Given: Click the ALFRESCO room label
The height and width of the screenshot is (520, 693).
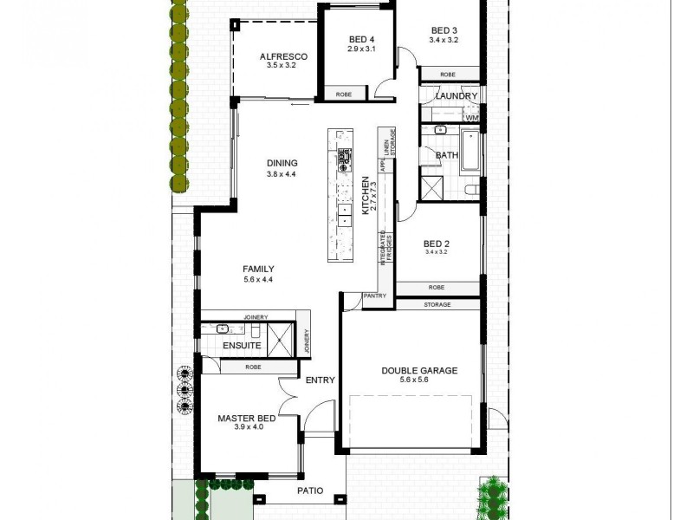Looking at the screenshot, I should pos(282,56).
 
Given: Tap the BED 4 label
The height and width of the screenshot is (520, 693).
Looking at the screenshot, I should pos(361,39).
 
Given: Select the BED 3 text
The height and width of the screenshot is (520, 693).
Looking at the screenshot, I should pos(444,30).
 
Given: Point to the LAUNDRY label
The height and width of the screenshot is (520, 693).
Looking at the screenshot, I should pos(457,96).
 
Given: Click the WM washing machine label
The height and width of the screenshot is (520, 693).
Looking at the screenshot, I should pos(472,117).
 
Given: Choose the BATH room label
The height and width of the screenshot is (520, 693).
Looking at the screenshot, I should pos(447,156).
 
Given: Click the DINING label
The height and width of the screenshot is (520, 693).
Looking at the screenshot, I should pos(282,163).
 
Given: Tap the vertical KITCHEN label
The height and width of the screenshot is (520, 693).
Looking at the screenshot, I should pos(365,195).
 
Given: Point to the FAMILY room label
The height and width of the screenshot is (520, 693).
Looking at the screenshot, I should pos(258,269).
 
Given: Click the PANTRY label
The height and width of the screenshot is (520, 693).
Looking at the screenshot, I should pos(375,296).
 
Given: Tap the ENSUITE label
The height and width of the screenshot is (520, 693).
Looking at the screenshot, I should pos(242,345).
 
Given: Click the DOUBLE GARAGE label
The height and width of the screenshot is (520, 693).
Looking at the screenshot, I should pos(419,371).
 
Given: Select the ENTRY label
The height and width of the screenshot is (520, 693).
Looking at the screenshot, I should pos(320,380).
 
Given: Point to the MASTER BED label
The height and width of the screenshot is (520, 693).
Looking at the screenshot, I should pos(247,419).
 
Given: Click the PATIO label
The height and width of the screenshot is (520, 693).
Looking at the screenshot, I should pos(309,491).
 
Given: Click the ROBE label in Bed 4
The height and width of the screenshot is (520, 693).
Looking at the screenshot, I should pos(344,94).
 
